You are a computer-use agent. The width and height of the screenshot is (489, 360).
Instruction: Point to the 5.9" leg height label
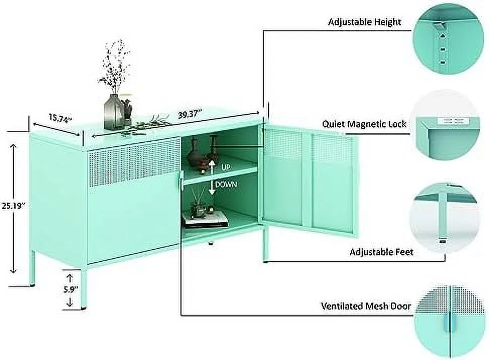[70, 290]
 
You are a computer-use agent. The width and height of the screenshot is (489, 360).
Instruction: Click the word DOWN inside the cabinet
[226, 185]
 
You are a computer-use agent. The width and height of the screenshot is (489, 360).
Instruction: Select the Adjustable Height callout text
[364, 22]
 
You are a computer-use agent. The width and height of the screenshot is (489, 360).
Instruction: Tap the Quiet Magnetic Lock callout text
[364, 124]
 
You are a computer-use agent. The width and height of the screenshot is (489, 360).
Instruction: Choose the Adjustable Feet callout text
[381, 252]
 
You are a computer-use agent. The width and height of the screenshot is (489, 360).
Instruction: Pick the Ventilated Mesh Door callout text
[366, 306]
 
